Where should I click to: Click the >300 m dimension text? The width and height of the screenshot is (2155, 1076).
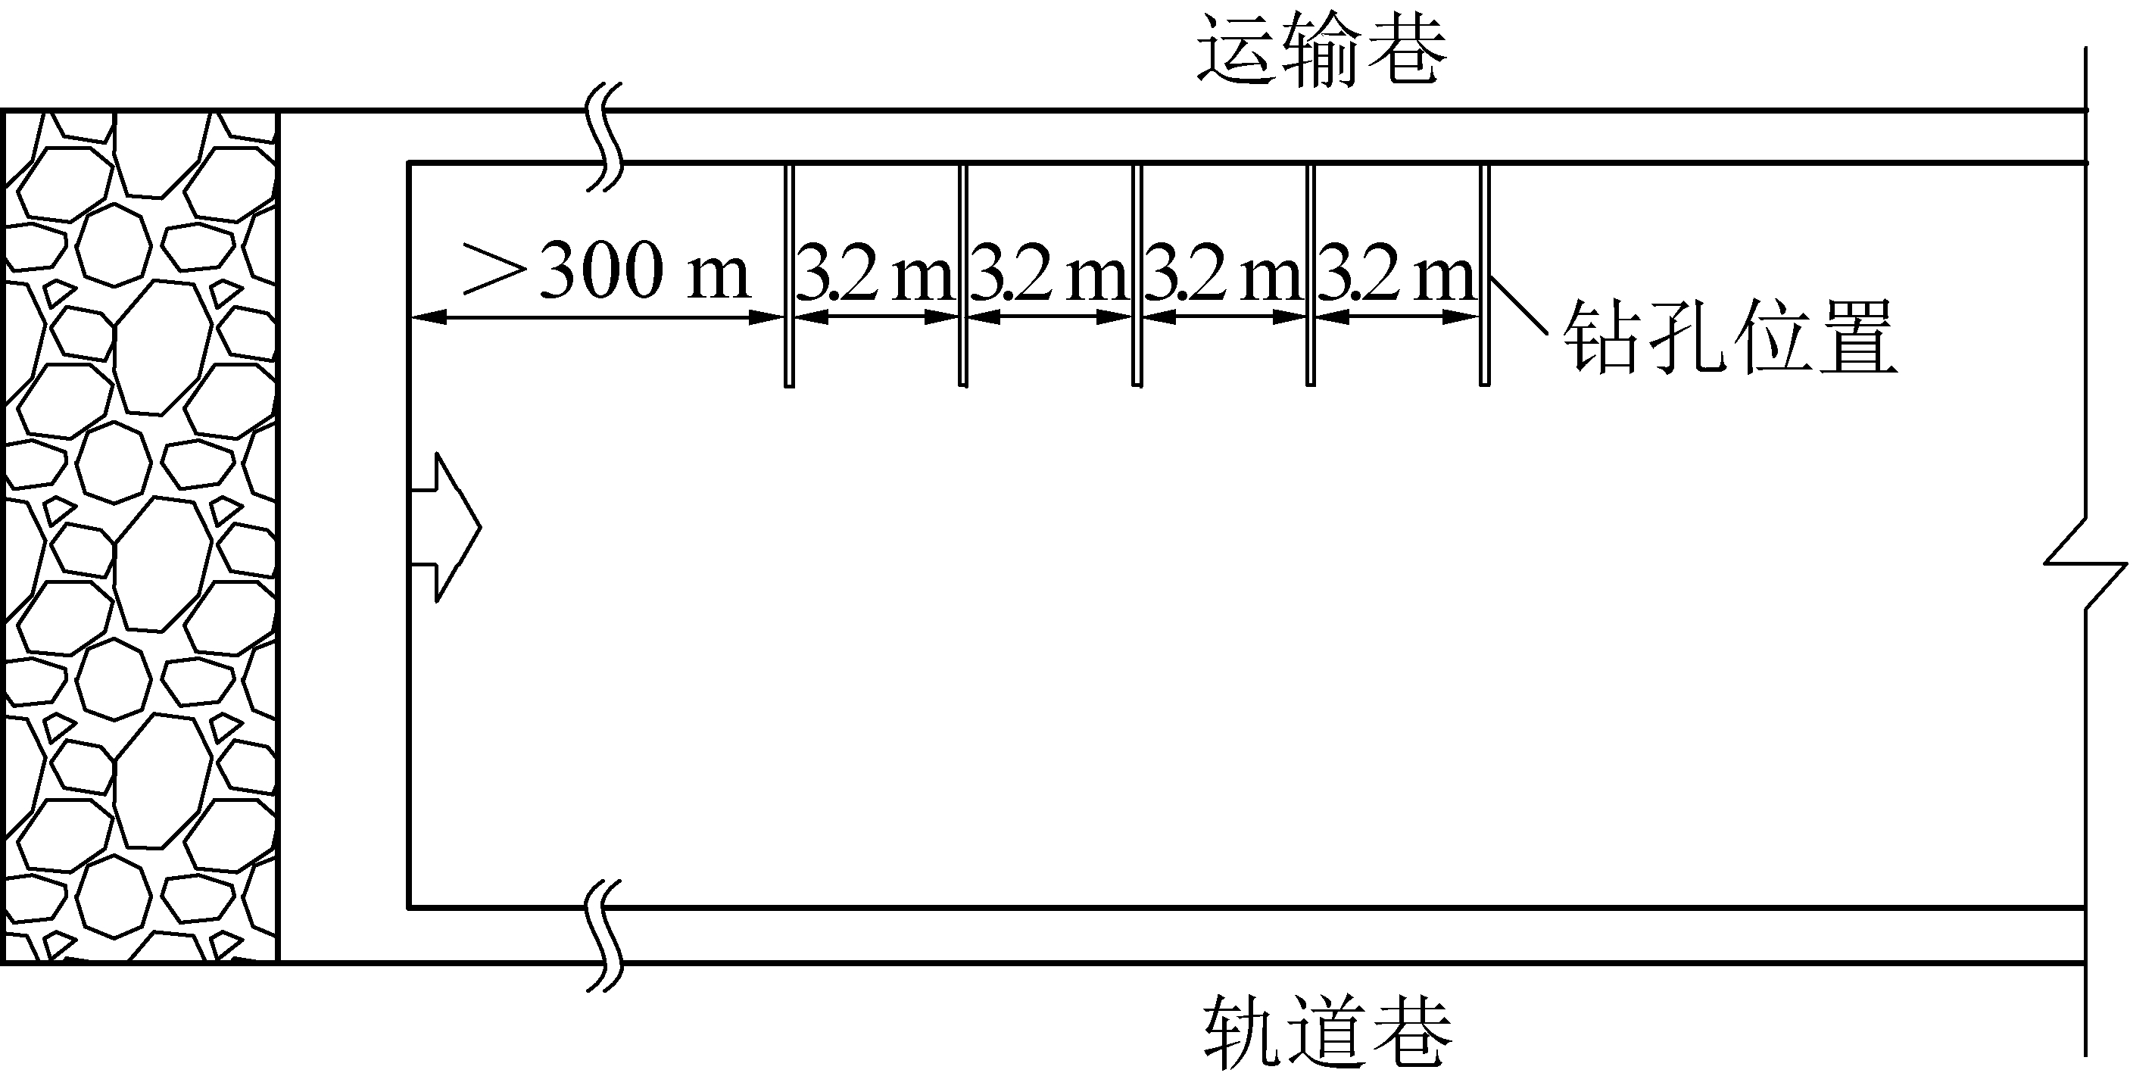607,271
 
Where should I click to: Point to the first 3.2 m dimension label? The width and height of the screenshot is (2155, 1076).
875,273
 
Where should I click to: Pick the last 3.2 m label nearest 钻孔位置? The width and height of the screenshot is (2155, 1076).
1396,273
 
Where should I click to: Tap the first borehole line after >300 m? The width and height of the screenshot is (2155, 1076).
789,276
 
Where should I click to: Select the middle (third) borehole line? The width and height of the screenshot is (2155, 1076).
1136,276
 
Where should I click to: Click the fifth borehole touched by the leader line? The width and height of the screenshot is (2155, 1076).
1484,276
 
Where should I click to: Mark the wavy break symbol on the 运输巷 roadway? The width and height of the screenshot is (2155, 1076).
607,137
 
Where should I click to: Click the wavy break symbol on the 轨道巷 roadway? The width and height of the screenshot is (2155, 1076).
606,935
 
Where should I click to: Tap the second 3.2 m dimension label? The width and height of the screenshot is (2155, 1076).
1049,273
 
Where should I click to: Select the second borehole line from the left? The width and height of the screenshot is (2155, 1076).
963,276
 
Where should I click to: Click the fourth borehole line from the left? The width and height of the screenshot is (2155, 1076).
1310,276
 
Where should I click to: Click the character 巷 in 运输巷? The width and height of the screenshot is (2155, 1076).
1405,52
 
